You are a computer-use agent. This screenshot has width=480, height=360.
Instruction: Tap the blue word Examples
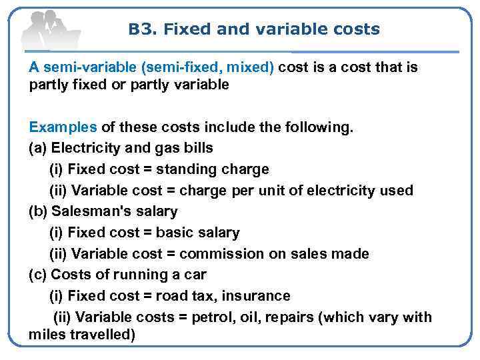tap(63, 127)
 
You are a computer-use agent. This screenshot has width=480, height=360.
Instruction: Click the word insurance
tap(256, 296)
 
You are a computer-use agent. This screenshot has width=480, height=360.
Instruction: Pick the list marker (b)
tap(38, 211)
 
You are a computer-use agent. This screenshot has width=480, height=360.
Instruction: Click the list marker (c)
tap(38, 275)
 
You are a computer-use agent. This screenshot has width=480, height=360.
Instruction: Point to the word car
tap(194, 275)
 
